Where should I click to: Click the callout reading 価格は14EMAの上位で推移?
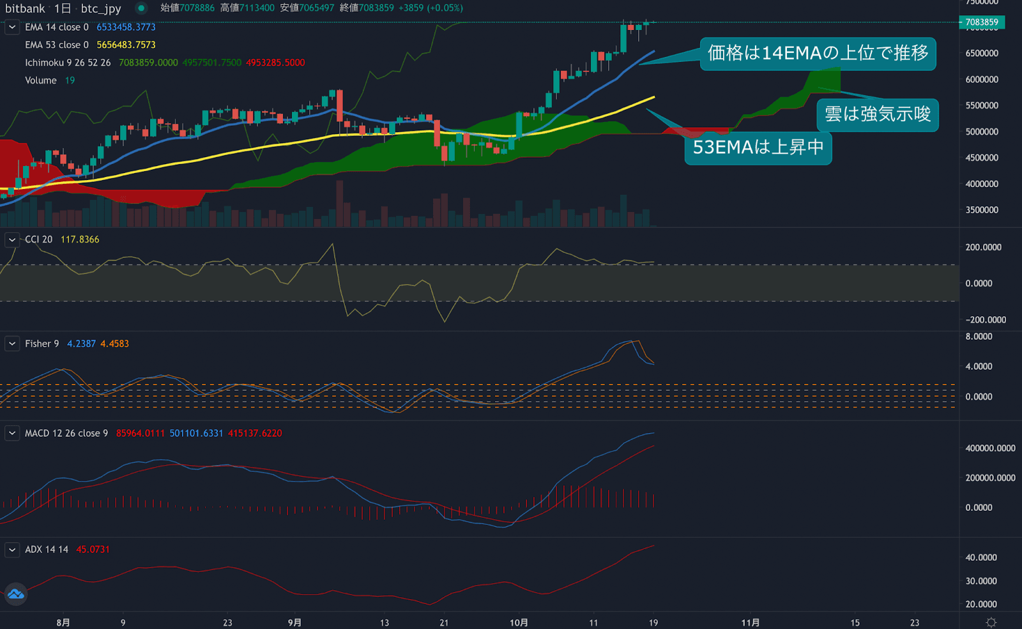818,53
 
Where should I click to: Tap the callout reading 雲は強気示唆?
877,114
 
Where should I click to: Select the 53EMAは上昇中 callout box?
758,148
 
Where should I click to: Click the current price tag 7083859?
982,22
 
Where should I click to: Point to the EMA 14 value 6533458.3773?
126,27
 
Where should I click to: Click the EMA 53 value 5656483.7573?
126,45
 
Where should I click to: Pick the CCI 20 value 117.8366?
80,239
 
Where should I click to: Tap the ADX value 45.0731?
93,549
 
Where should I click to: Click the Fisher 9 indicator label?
42,344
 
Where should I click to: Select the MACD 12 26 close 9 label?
66,433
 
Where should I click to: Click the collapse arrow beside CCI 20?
12,239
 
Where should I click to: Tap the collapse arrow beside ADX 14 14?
12,549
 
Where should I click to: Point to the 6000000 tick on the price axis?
982,79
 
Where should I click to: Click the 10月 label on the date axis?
519,623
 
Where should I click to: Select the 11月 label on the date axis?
751,623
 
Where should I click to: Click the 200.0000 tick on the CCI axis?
983,247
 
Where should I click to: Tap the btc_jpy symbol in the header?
101,8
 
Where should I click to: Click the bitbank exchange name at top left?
25,8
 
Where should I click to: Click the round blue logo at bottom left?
15,595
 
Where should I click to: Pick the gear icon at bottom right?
991,623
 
